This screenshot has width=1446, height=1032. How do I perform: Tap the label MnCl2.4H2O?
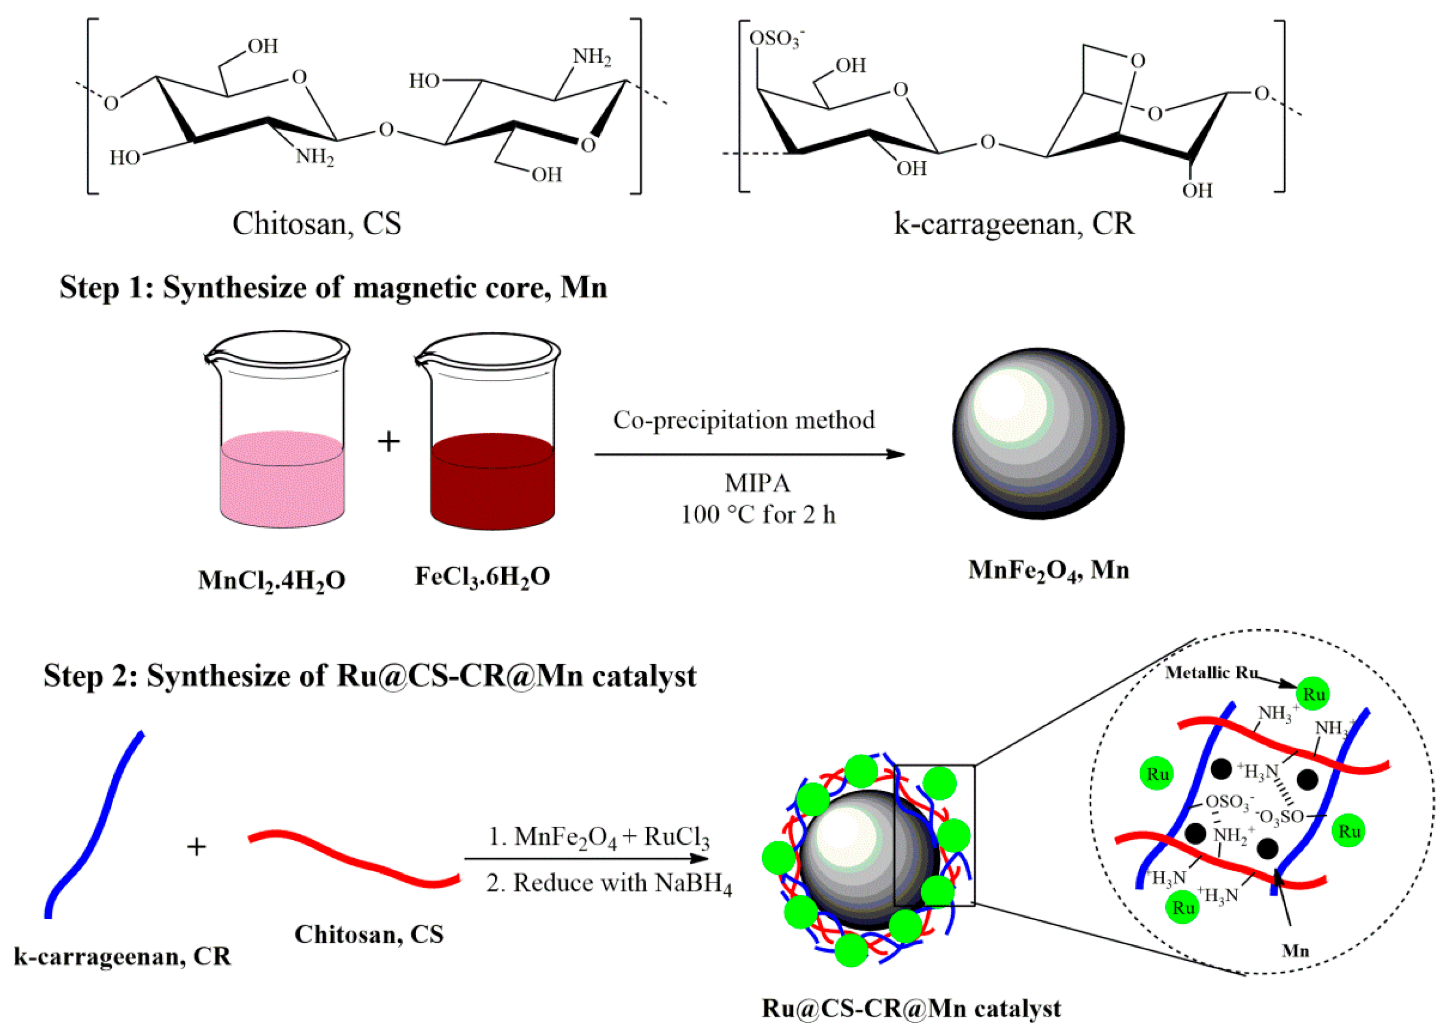click(271, 580)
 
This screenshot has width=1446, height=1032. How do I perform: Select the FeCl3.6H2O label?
click(482, 576)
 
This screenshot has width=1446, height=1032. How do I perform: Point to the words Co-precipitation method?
click(743, 420)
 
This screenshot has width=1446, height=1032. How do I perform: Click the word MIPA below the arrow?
click(758, 484)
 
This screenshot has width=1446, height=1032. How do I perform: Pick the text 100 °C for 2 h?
click(758, 514)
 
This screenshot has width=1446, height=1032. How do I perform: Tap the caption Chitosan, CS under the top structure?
click(317, 223)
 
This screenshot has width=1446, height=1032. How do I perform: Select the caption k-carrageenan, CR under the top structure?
click(1014, 223)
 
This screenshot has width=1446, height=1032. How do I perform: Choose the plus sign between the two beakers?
click(388, 441)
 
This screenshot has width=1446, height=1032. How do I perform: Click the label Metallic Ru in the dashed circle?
click(1210, 673)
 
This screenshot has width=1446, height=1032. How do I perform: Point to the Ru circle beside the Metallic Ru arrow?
click(1313, 694)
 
